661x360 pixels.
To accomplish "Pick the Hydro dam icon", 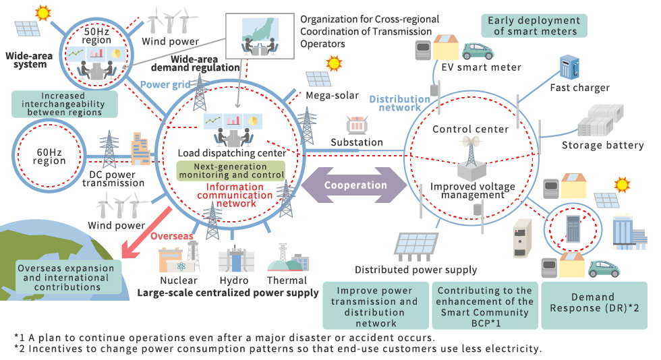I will point(233,259).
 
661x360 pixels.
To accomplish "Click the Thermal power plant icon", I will point(288,259).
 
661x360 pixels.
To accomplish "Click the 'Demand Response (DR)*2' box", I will point(594,304).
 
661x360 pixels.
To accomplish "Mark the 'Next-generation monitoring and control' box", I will point(231,171).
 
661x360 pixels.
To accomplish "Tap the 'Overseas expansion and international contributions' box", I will point(61,277).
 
